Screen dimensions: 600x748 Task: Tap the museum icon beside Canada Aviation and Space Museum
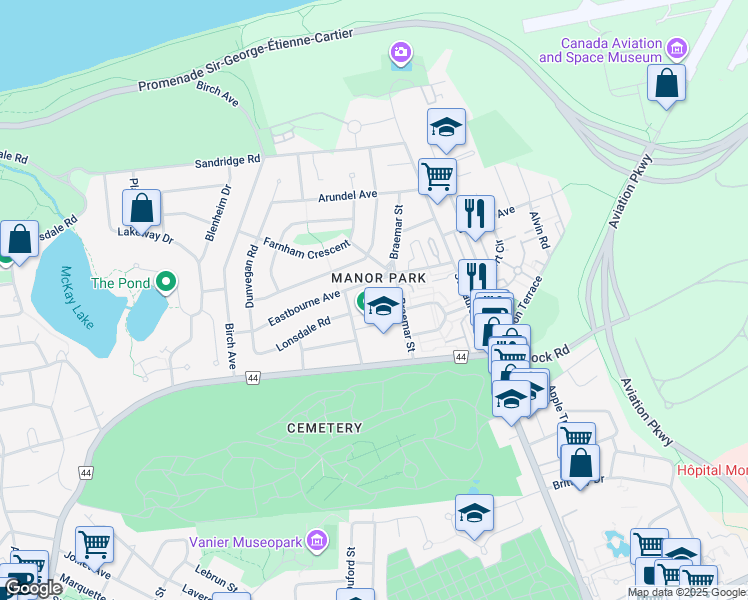pos(677,48)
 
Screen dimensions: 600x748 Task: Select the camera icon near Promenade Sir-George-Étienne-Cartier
pos(401,51)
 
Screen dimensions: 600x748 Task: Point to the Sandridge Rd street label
pos(227,160)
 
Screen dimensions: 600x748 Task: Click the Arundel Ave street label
pos(346,195)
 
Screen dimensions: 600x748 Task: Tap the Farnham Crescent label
pos(306,245)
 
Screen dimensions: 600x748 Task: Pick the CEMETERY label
pos(324,427)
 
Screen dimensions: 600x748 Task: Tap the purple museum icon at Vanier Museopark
pos(317,542)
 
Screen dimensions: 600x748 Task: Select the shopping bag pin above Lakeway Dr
pos(142,209)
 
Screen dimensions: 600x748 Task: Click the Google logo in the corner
pos(32,588)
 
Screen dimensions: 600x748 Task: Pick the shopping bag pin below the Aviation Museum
pos(666,83)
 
